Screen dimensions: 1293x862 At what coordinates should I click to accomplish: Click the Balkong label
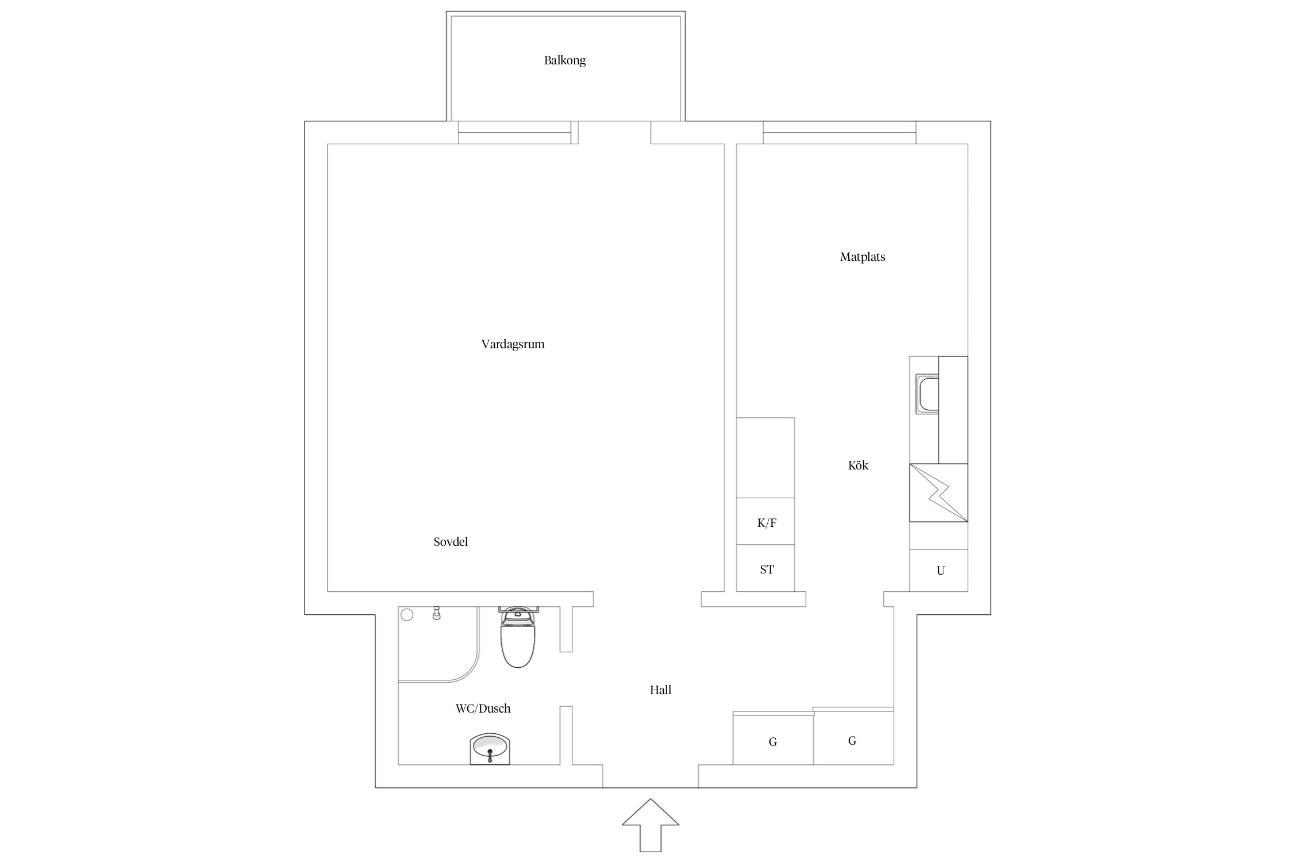click(565, 60)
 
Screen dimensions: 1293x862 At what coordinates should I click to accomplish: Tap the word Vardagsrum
click(513, 344)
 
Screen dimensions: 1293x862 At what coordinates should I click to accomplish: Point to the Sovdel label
click(451, 542)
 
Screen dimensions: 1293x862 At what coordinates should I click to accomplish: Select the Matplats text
click(863, 257)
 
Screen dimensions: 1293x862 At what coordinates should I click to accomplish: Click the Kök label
click(858, 465)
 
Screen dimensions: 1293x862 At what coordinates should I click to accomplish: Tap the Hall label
click(660, 690)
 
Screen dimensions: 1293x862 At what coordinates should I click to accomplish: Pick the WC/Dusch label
click(483, 709)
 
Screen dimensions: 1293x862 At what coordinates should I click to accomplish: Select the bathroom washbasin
click(490, 749)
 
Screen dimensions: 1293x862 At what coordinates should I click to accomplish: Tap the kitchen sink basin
click(927, 394)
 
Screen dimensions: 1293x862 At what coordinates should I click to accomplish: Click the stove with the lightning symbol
click(938, 492)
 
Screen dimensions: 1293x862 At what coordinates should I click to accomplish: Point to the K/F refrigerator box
click(765, 521)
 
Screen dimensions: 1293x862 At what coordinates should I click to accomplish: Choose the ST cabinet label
click(767, 569)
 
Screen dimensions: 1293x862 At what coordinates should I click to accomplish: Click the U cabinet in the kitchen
click(938, 570)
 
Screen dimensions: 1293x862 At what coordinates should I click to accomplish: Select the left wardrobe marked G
click(773, 739)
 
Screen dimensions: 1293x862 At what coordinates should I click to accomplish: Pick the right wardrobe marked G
click(853, 737)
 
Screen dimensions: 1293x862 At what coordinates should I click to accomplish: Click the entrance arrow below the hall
click(651, 825)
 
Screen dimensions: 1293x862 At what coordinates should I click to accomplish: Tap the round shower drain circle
click(407, 615)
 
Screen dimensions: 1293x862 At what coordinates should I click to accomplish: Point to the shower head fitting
click(437, 613)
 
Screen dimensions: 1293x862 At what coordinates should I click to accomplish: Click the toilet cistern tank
click(518, 609)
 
